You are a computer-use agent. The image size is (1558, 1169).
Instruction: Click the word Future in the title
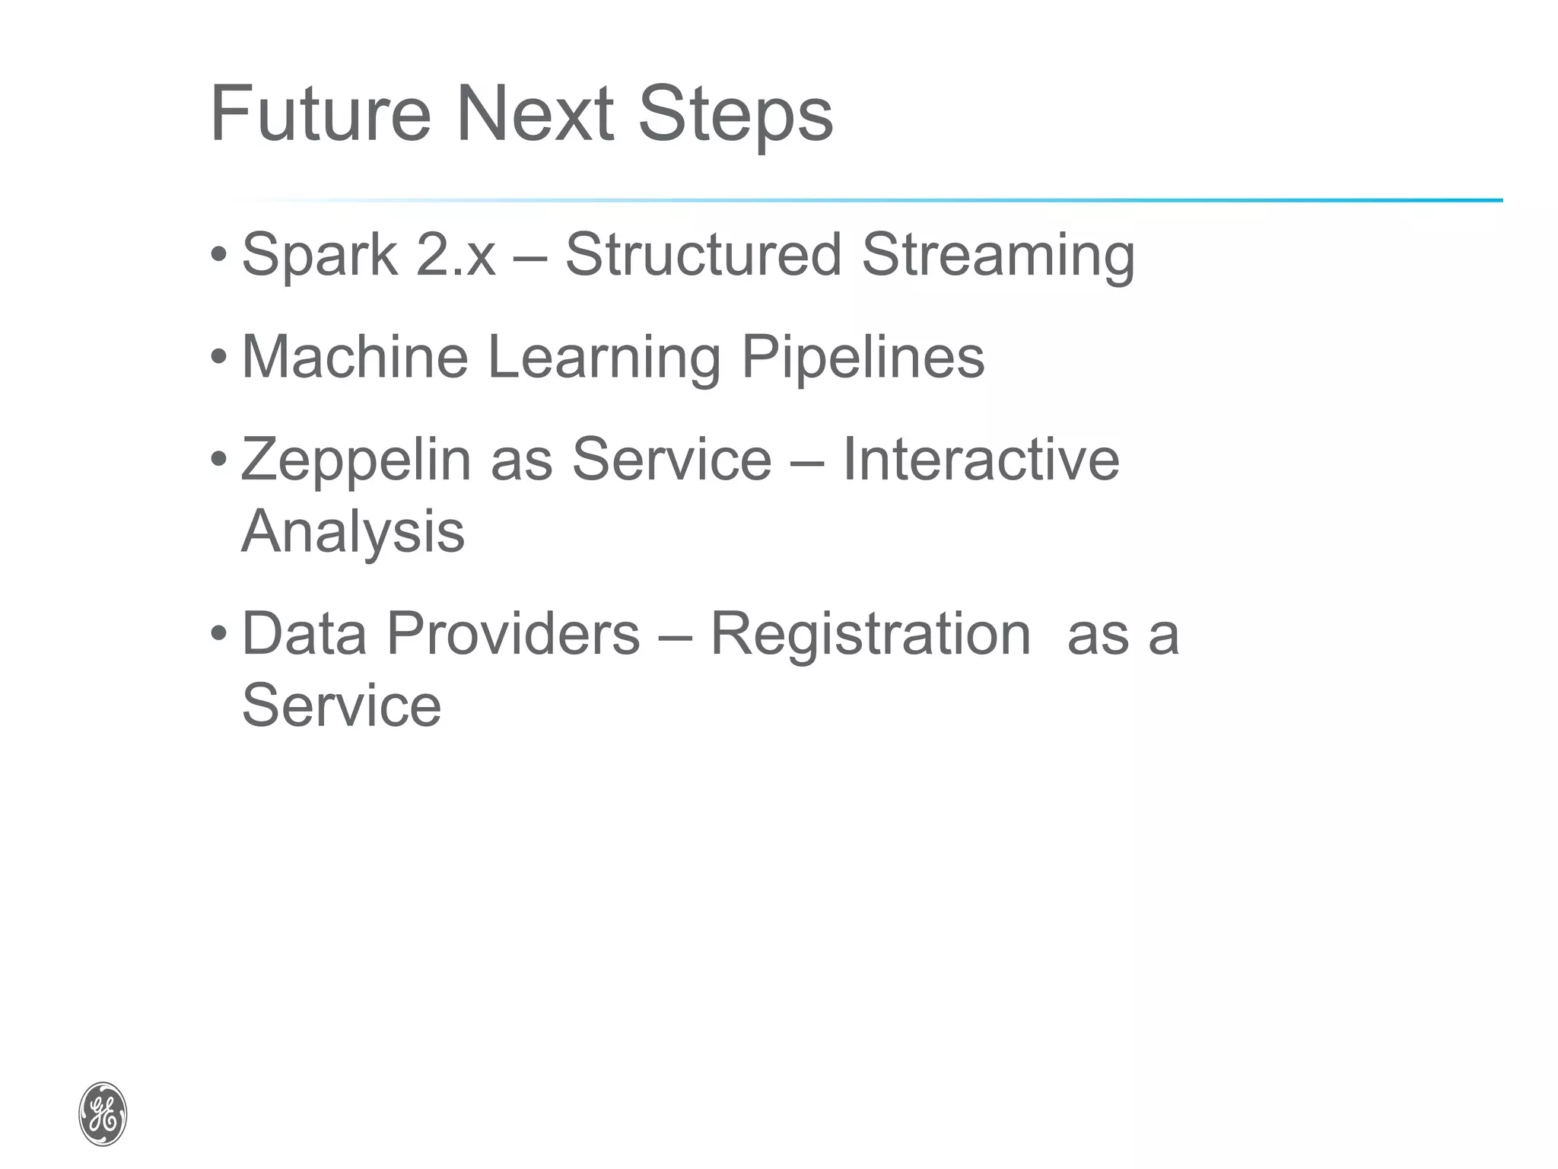tap(320, 114)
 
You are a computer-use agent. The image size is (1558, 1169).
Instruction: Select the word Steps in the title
tap(735, 116)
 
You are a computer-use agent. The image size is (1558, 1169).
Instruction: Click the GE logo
tap(103, 1114)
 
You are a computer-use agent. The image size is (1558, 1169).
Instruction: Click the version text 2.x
tap(456, 256)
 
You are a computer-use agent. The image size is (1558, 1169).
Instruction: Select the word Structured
tap(703, 254)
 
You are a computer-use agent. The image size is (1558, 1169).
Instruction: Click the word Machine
tap(355, 357)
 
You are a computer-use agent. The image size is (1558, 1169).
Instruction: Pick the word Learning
tap(604, 358)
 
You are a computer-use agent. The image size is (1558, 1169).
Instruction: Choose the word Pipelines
tap(863, 358)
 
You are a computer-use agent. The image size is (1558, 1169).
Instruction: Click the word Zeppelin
tap(356, 461)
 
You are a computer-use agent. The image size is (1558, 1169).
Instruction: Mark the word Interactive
tap(981, 460)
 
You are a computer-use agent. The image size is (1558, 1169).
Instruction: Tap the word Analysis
tap(352, 532)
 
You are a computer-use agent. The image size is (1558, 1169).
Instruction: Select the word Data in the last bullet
tap(304, 634)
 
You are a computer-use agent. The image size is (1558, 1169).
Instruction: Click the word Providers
tap(514, 634)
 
